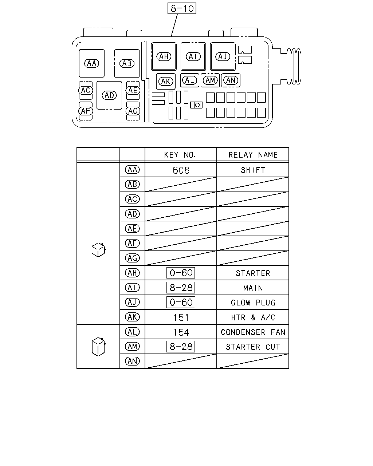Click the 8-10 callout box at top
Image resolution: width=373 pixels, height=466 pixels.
click(182, 8)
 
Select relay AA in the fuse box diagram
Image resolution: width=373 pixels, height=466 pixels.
click(91, 63)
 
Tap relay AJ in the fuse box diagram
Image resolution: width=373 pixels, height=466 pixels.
click(223, 56)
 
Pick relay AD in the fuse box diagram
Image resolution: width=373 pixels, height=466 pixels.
click(109, 95)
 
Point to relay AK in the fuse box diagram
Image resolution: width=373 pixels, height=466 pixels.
click(166, 82)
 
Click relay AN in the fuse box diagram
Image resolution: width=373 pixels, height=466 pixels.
click(231, 80)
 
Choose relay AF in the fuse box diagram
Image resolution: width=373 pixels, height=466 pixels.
click(86, 111)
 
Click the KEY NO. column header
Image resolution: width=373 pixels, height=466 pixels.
click(180, 155)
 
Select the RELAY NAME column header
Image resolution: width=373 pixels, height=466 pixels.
click(253, 155)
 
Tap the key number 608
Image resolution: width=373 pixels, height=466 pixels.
click(181, 170)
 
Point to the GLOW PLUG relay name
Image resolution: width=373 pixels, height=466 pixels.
click(253, 303)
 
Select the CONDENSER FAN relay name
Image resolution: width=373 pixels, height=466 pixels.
click(253, 332)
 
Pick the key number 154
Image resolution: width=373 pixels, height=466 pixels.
click(181, 332)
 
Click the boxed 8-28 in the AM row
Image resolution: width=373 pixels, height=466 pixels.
click(181, 347)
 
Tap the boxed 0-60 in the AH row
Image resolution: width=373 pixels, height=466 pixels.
click(181, 273)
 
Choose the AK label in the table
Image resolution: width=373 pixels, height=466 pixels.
click(133, 317)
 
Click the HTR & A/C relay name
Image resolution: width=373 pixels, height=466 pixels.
click(253, 317)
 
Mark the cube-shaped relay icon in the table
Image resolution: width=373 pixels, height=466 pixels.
click(99, 250)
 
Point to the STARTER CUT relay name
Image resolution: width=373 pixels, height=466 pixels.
click(253, 347)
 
